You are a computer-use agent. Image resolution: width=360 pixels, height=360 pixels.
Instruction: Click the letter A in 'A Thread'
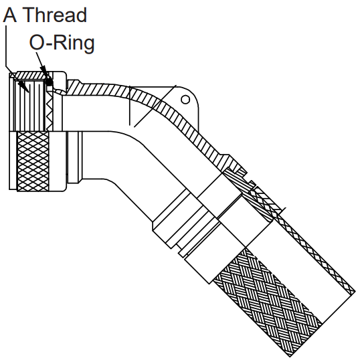pos(10,15)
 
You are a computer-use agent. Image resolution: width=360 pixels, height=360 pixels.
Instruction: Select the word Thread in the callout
pos(55,15)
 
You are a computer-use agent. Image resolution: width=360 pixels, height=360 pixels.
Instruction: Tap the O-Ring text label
pos(62,43)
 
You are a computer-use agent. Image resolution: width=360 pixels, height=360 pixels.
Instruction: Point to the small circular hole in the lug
pos(185,100)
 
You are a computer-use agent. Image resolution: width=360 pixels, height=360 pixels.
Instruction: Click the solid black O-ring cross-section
pos(49,82)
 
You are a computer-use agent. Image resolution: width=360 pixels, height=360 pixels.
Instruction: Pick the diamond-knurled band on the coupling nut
pos(33,161)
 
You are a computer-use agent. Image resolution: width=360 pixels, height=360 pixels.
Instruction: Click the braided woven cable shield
pos(268,300)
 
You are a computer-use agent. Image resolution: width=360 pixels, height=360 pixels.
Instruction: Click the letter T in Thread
pos(30,15)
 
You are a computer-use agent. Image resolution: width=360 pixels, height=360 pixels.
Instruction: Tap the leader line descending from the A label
pos(6,47)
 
